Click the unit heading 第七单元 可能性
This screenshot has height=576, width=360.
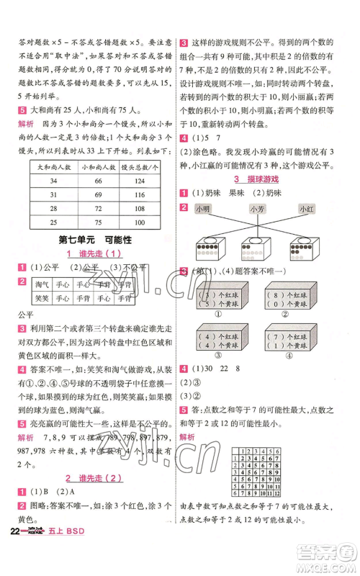click(x=91, y=239)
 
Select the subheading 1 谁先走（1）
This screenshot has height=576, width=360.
click(x=91, y=253)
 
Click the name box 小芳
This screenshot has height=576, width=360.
click(x=257, y=209)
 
